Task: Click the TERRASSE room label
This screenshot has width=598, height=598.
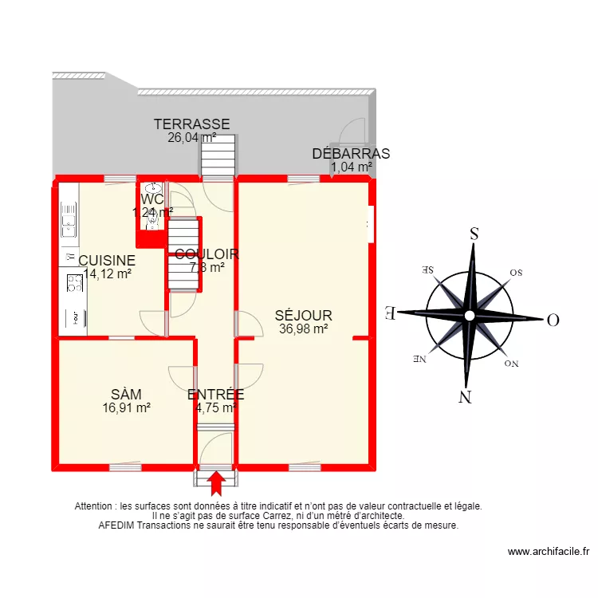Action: (x=192, y=124)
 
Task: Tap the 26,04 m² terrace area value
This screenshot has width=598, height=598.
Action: (x=191, y=137)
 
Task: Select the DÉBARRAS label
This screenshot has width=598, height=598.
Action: (x=351, y=155)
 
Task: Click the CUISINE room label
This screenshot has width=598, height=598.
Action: (x=107, y=261)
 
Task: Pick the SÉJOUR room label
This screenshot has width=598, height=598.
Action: (x=304, y=316)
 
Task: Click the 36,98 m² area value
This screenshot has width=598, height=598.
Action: (x=304, y=328)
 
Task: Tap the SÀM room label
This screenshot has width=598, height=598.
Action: (x=127, y=394)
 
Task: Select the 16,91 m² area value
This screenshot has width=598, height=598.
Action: (x=127, y=407)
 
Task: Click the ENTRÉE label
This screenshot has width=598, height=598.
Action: (x=215, y=394)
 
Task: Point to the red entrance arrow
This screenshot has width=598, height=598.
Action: (x=216, y=484)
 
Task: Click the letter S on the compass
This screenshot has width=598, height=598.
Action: (x=474, y=234)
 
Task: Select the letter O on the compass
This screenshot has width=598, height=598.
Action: (x=552, y=321)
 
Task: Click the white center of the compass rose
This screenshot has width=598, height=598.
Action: (x=470, y=316)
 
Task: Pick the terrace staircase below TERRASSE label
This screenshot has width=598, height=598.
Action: (x=218, y=154)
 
